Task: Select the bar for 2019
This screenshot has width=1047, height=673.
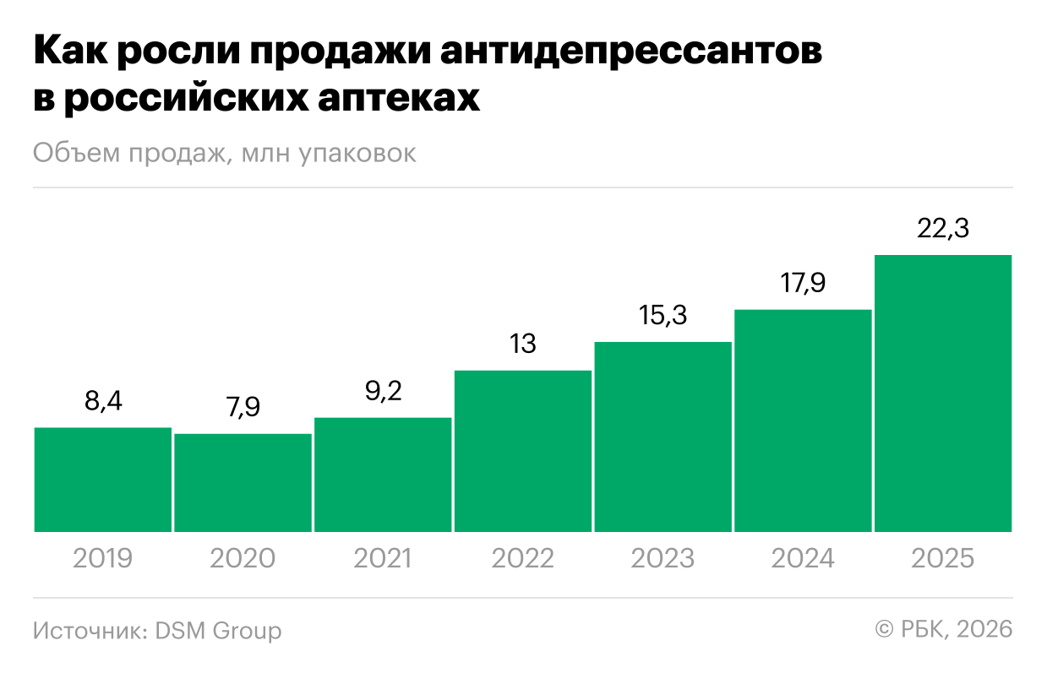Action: point(102,480)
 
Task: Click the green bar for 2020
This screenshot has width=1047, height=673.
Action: point(243,483)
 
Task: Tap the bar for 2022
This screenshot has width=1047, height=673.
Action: point(523,451)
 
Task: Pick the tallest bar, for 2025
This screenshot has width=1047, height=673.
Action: point(943,393)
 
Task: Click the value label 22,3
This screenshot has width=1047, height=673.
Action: point(943,229)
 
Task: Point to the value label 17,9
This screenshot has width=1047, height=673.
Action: point(803,284)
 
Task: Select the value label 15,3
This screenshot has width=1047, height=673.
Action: point(663,316)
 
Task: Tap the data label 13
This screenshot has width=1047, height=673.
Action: point(523,345)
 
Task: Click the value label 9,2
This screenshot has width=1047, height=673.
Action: point(383,392)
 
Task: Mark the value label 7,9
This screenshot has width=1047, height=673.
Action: point(243,408)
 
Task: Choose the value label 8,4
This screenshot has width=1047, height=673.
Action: point(102,402)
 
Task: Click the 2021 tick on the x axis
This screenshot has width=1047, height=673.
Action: point(383,559)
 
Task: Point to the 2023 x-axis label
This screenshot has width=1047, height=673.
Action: point(663,559)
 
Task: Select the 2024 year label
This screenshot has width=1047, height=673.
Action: point(803,559)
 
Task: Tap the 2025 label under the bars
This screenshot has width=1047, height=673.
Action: point(943,559)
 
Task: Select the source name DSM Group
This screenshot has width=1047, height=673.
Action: point(218,631)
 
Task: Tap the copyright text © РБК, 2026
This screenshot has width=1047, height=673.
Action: point(943,630)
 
